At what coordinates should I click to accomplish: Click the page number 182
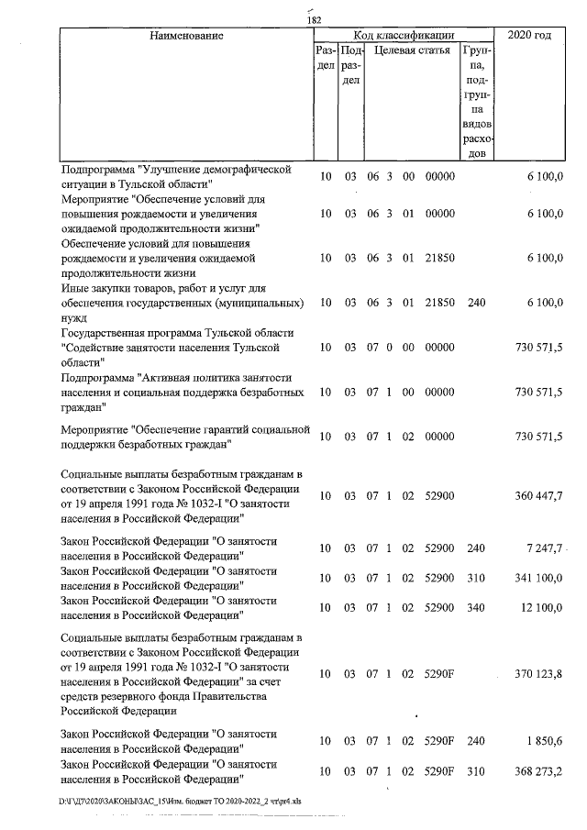click(x=314, y=21)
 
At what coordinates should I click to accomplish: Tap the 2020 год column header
click(x=535, y=35)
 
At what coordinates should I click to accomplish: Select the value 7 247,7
click(x=538, y=548)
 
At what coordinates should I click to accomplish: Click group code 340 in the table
click(x=475, y=607)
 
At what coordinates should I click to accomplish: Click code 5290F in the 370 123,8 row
click(x=441, y=674)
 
